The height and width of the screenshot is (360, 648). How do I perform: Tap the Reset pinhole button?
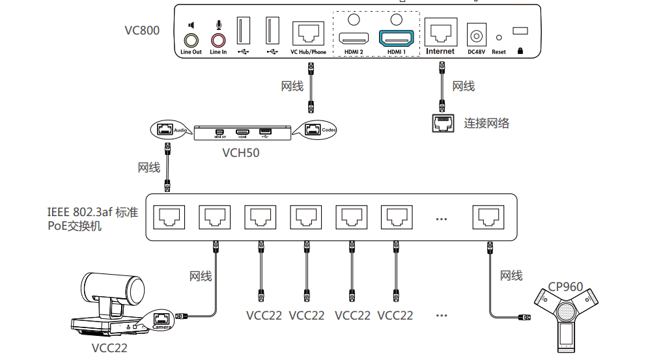coord(499,38)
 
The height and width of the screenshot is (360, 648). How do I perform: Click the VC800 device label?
coord(142,31)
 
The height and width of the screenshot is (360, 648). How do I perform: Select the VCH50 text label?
coord(241,154)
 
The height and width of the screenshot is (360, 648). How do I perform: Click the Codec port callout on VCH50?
coord(315,129)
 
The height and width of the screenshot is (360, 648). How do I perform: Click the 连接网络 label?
coord(486,123)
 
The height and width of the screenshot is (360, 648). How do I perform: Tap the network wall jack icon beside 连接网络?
coord(443,123)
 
